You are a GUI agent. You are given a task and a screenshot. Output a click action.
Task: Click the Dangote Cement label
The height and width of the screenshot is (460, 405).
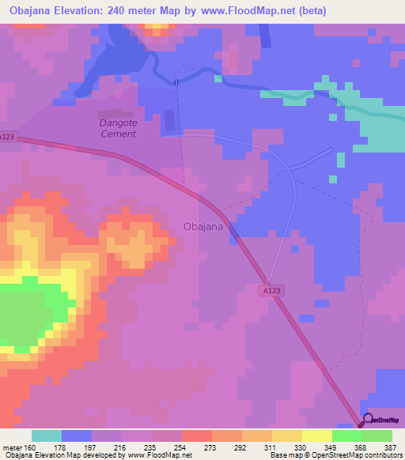point(118,128)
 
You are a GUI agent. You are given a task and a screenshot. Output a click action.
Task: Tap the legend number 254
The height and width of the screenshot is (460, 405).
point(181,447)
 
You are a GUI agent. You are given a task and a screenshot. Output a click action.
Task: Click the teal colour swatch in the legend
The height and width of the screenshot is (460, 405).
point(47,435)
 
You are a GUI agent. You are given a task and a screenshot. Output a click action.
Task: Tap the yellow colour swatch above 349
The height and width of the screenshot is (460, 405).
point(317,435)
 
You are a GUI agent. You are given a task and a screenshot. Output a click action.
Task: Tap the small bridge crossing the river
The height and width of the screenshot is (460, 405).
point(176,81)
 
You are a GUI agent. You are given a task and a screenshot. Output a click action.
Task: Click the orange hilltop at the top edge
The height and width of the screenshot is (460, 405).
point(156,28)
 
